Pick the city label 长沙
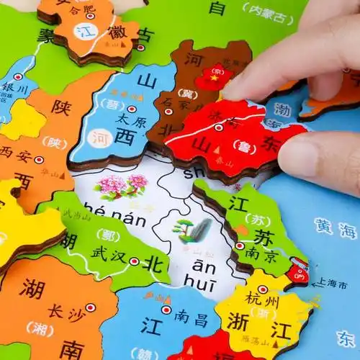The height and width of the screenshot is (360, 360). (x=63, y=311)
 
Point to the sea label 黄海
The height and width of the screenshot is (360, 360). (x=334, y=230)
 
